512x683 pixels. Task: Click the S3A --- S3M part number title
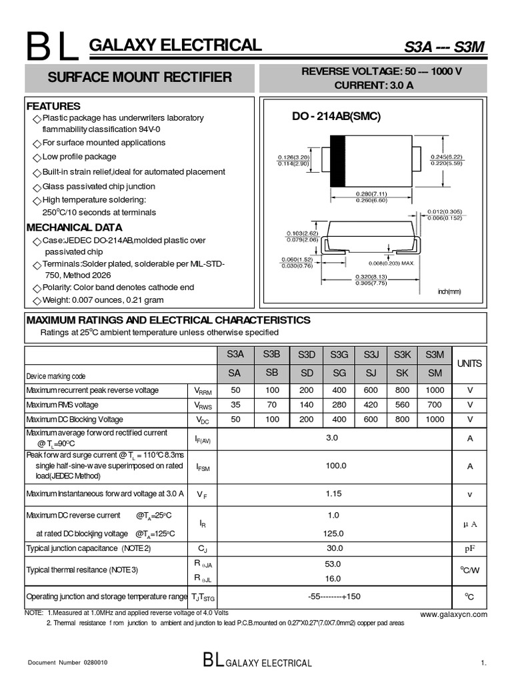tap(444, 47)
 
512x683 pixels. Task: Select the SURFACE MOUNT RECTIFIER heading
tap(140, 77)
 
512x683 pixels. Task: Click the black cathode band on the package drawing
tap(338, 161)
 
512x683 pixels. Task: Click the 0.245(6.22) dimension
tap(447, 157)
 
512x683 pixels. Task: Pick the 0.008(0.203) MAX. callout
tap(393, 263)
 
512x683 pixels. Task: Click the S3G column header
tap(339, 354)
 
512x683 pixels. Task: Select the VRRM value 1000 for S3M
tap(434, 390)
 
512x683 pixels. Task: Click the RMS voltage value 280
tap(339, 404)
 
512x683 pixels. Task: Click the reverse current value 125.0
tap(333, 533)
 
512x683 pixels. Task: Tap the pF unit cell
tap(470, 548)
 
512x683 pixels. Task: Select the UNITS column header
tap(470, 364)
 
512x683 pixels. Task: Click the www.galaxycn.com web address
tap(453, 614)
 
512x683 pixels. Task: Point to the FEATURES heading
tap(53, 106)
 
